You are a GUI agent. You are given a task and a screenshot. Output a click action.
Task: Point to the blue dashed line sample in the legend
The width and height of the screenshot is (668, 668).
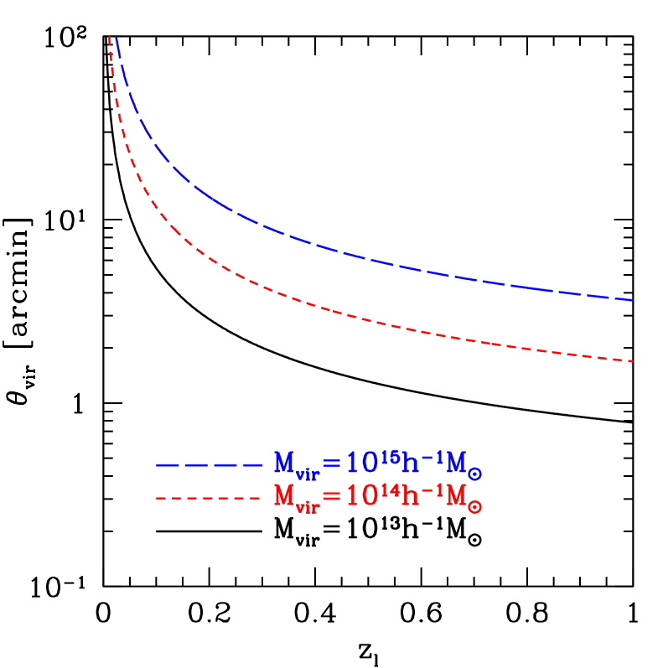click(209, 464)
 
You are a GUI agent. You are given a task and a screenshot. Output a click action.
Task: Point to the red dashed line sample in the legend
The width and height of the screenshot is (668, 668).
click(209, 499)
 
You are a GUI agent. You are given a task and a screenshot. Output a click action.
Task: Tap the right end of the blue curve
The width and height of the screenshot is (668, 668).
click(631, 299)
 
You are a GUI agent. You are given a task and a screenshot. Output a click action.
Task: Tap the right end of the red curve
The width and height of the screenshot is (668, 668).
click(631, 361)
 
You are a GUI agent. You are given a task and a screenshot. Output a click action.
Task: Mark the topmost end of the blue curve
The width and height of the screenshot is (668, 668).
click(116, 38)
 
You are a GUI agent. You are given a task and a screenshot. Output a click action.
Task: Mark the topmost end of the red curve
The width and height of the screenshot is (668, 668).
click(110, 38)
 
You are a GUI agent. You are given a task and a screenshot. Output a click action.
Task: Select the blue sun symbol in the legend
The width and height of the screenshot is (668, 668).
click(474, 474)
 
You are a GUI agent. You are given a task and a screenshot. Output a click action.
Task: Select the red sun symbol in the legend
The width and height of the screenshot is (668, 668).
click(474, 508)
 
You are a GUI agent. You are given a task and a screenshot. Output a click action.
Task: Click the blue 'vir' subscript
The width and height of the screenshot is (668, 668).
click(307, 474)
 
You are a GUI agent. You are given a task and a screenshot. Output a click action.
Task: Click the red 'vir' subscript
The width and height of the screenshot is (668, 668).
click(307, 509)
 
